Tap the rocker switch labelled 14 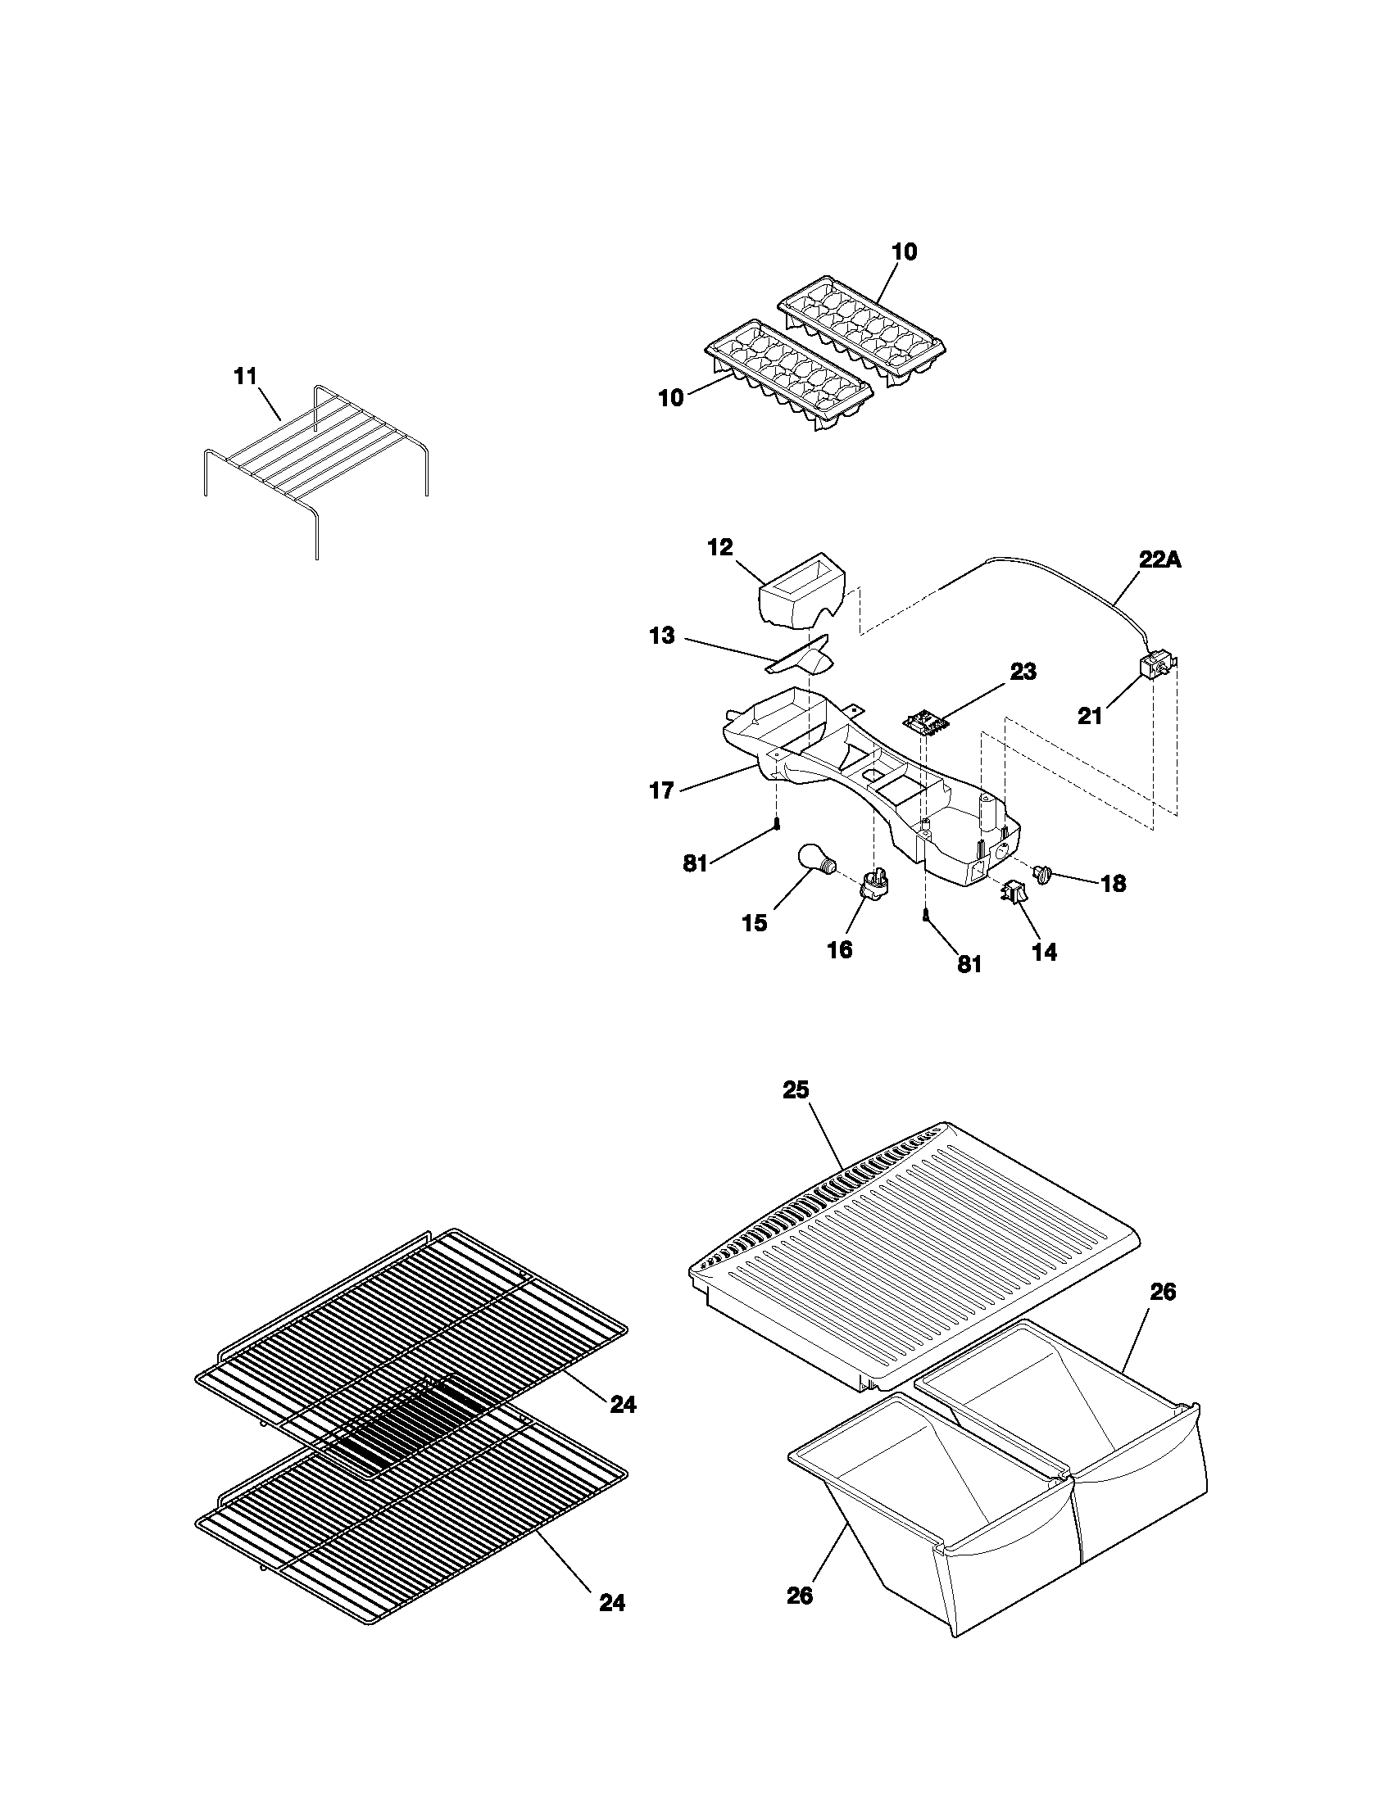click(1014, 892)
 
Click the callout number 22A click(1160, 560)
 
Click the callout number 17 click(662, 791)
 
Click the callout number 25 click(796, 1090)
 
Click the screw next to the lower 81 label click(927, 914)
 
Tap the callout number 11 click(246, 377)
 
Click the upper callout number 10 click(905, 252)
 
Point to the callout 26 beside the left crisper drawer click(799, 1619)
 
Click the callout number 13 click(662, 636)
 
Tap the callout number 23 click(1023, 672)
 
